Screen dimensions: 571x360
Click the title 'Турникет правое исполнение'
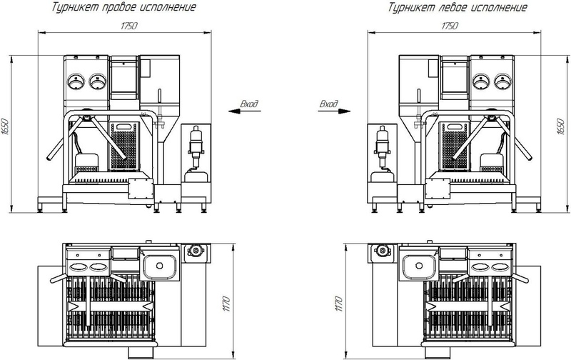[x=123, y=7]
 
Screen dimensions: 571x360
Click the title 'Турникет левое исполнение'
[x=458, y=7]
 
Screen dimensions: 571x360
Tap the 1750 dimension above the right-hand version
[x=129, y=26]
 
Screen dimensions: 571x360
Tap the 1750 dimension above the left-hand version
[x=450, y=26]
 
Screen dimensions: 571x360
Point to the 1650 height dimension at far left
[x=5, y=127]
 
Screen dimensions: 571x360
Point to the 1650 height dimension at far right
[x=561, y=126]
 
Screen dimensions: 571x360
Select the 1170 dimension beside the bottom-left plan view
[x=226, y=304]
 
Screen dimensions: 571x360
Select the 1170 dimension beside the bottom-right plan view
[x=338, y=304]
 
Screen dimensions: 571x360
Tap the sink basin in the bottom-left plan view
[x=159, y=266]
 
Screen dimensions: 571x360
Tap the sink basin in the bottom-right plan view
[x=419, y=266]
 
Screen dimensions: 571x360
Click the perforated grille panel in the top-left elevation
[x=124, y=146]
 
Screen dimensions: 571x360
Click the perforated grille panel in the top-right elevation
[x=455, y=146]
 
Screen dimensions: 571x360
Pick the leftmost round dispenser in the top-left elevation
[x=76, y=81]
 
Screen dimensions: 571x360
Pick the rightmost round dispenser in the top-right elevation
[x=502, y=81]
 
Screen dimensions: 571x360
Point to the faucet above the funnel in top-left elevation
[x=159, y=96]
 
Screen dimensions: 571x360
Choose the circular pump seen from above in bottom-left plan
[x=196, y=251]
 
